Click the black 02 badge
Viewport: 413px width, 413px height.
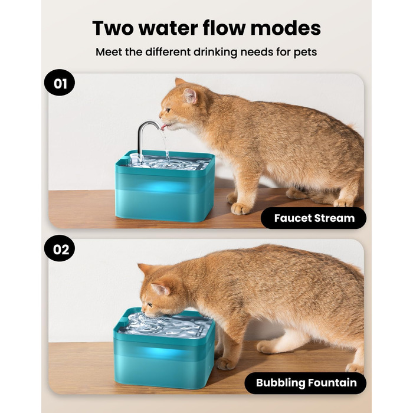pyautogui.click(x=60, y=248)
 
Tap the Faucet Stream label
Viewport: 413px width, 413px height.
pyautogui.click(x=313, y=218)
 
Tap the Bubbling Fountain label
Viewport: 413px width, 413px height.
pyautogui.click(x=306, y=383)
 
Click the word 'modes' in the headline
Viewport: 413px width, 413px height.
pyautogui.click(x=286, y=28)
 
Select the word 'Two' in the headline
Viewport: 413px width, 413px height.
pyautogui.click(x=113, y=28)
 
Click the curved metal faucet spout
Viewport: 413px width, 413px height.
pyautogui.click(x=146, y=137)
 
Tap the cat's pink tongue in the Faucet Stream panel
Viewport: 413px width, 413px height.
pyautogui.click(x=164, y=127)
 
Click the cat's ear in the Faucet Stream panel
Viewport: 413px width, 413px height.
pyautogui.click(x=191, y=96)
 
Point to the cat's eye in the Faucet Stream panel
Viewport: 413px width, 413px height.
pyautogui.click(x=168, y=110)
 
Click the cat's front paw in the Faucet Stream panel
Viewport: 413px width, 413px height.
pyautogui.click(x=241, y=208)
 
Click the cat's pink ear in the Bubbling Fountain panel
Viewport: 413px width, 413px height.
pyautogui.click(x=160, y=289)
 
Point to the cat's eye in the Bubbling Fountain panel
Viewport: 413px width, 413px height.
pyautogui.click(x=150, y=305)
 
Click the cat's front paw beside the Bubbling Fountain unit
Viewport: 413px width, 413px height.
pyautogui.click(x=226, y=363)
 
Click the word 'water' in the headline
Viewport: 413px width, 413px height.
pyautogui.click(x=168, y=28)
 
